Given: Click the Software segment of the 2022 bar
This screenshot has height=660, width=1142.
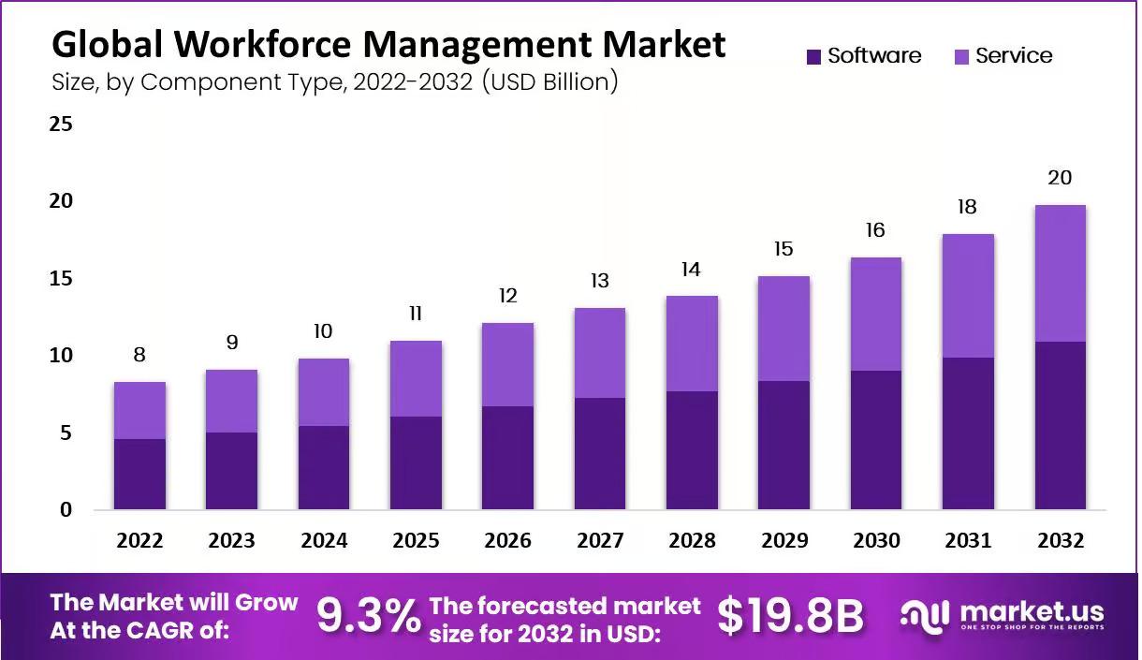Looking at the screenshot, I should (139, 474).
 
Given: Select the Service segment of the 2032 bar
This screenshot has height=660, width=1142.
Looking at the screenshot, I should (1060, 273).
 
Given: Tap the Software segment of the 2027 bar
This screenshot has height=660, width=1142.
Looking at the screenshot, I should (600, 454).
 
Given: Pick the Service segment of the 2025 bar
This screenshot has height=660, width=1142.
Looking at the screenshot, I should (416, 378).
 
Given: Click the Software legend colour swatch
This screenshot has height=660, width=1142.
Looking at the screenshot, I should (813, 57).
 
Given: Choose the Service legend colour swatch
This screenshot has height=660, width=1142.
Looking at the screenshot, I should (961, 57).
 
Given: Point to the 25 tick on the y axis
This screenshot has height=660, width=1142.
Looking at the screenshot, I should (61, 124).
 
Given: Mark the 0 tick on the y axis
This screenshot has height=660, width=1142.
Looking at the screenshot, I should (66, 510).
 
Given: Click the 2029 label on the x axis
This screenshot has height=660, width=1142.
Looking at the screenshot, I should (784, 541).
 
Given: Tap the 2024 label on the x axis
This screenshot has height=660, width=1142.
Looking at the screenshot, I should (324, 541).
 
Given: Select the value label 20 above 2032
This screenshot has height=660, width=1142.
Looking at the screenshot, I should (1060, 178).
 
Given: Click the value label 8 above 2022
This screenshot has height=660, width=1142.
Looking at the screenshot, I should (139, 355).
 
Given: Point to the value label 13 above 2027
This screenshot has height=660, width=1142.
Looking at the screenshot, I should (600, 281).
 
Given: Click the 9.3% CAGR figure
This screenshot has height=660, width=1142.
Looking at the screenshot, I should (368, 616).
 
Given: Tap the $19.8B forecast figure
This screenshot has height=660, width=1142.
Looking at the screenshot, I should (790, 616).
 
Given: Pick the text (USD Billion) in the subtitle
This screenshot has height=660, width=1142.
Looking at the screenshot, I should (549, 82).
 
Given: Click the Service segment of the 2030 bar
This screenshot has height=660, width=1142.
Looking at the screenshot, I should (876, 314).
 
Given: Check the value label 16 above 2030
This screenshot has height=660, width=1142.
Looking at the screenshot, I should (876, 230).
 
